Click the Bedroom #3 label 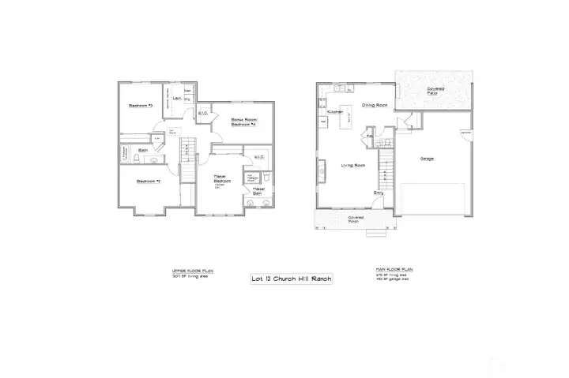point(141,105)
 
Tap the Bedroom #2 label point(148,181)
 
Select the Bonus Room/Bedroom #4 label point(245,122)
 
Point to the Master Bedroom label point(220,180)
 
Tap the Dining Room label point(374,105)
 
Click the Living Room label point(352,165)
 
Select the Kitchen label point(334,112)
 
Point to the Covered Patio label point(435,92)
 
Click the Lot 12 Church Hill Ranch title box point(292,279)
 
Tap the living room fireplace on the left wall point(322,170)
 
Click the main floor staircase point(386,166)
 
